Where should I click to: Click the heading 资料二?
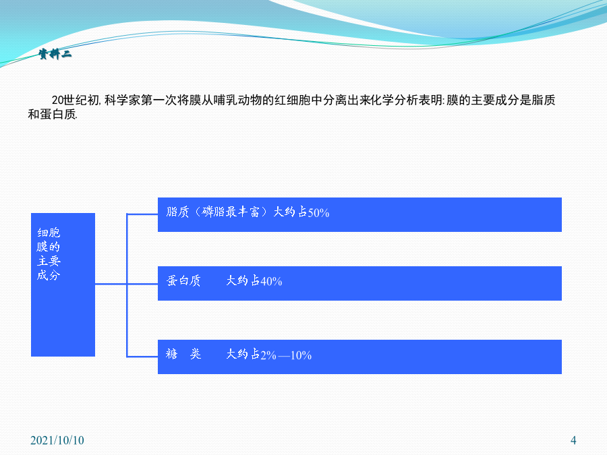(x=55, y=54)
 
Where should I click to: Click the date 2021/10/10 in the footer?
(x=57, y=440)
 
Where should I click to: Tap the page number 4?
(x=573, y=440)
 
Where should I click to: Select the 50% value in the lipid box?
(x=318, y=213)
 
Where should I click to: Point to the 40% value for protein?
(x=271, y=281)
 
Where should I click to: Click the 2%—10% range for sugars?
(x=286, y=355)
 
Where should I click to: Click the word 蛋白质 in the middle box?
(x=183, y=280)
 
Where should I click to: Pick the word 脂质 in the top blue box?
(x=177, y=212)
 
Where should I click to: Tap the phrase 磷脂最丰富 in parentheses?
(x=231, y=212)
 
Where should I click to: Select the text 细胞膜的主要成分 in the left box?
(x=49, y=254)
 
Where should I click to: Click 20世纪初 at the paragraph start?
(x=76, y=100)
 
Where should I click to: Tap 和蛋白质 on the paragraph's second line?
(x=52, y=114)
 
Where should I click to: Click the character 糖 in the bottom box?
(x=171, y=354)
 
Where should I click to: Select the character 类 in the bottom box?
(x=196, y=354)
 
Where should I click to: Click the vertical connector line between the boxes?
(x=127, y=285)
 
